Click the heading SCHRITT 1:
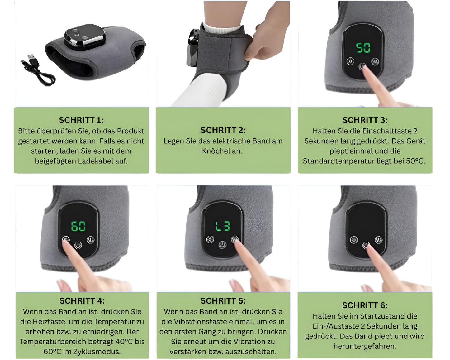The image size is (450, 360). tap(81, 120)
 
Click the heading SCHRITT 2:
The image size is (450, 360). tap(223, 130)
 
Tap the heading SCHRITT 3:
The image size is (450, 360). tap(365, 120)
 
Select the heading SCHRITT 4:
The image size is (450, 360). tap(82, 301)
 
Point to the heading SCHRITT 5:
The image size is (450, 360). tap(223, 301)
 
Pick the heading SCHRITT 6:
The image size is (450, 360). tap(365, 305)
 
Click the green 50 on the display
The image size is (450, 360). tap(363, 47)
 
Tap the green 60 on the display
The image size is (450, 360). tap(78, 226)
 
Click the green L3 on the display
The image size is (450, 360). tap(223, 226)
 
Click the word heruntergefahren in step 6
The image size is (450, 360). tap(365, 346)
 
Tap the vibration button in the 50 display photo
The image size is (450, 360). tap(375, 61)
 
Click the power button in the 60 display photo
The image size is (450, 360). tap(78, 245)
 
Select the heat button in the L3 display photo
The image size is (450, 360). tap(210, 239)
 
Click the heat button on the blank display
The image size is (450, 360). tap(354, 240)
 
